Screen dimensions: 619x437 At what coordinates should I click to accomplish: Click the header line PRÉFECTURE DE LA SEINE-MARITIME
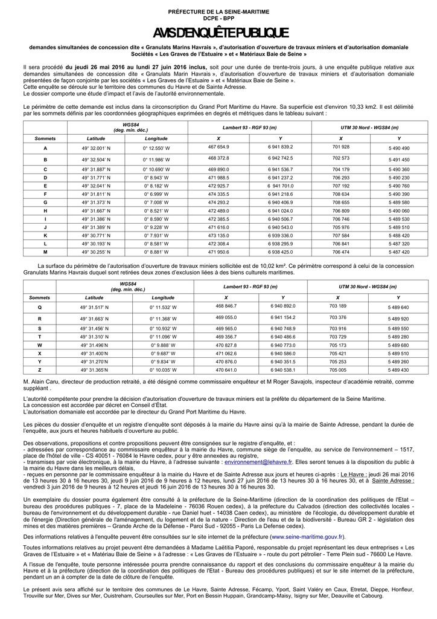219,12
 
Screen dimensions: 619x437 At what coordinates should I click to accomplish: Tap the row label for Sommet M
45,252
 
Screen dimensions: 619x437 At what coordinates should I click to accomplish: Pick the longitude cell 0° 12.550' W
156,148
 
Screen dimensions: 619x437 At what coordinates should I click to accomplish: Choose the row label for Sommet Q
40,308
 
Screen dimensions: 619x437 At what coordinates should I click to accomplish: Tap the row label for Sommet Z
40,370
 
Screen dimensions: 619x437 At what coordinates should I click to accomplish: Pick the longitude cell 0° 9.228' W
156,227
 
